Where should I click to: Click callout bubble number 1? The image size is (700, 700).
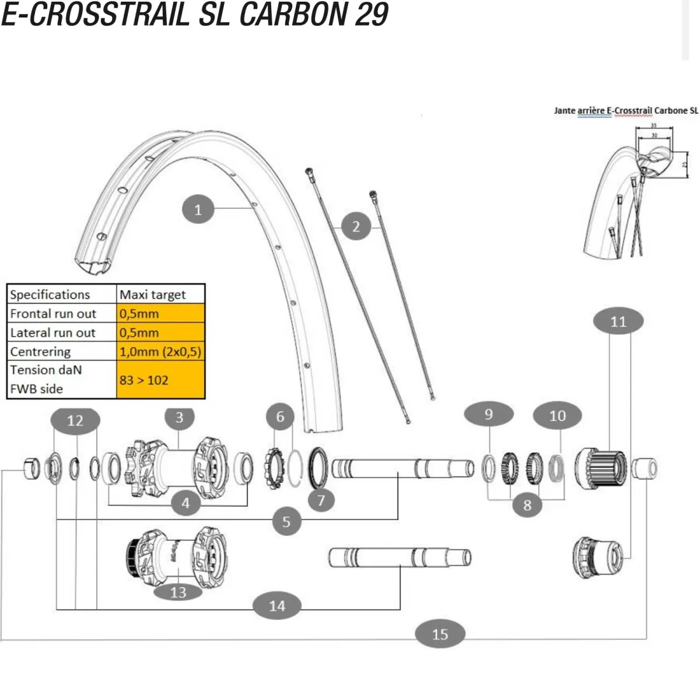coord(198,209)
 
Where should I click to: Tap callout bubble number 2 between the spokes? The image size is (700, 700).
coord(356,226)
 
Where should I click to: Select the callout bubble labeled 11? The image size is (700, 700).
coord(618,321)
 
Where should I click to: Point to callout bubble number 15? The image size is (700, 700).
coord(440,634)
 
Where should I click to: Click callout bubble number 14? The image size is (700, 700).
coord(277,605)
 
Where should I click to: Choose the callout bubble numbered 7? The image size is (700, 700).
coord(321,499)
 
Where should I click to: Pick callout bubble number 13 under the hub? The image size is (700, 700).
coord(178,592)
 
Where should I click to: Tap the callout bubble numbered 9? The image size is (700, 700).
coord(489,414)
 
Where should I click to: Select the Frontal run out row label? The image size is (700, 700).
coord(53,314)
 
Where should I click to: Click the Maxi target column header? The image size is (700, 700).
coord(153,295)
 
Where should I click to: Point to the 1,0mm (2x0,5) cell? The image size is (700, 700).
coord(160,352)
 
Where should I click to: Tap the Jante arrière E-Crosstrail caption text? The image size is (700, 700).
coord(625,110)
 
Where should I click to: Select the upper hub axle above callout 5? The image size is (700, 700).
coord(402,468)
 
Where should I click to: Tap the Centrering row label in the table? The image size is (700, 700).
coord(40,352)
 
